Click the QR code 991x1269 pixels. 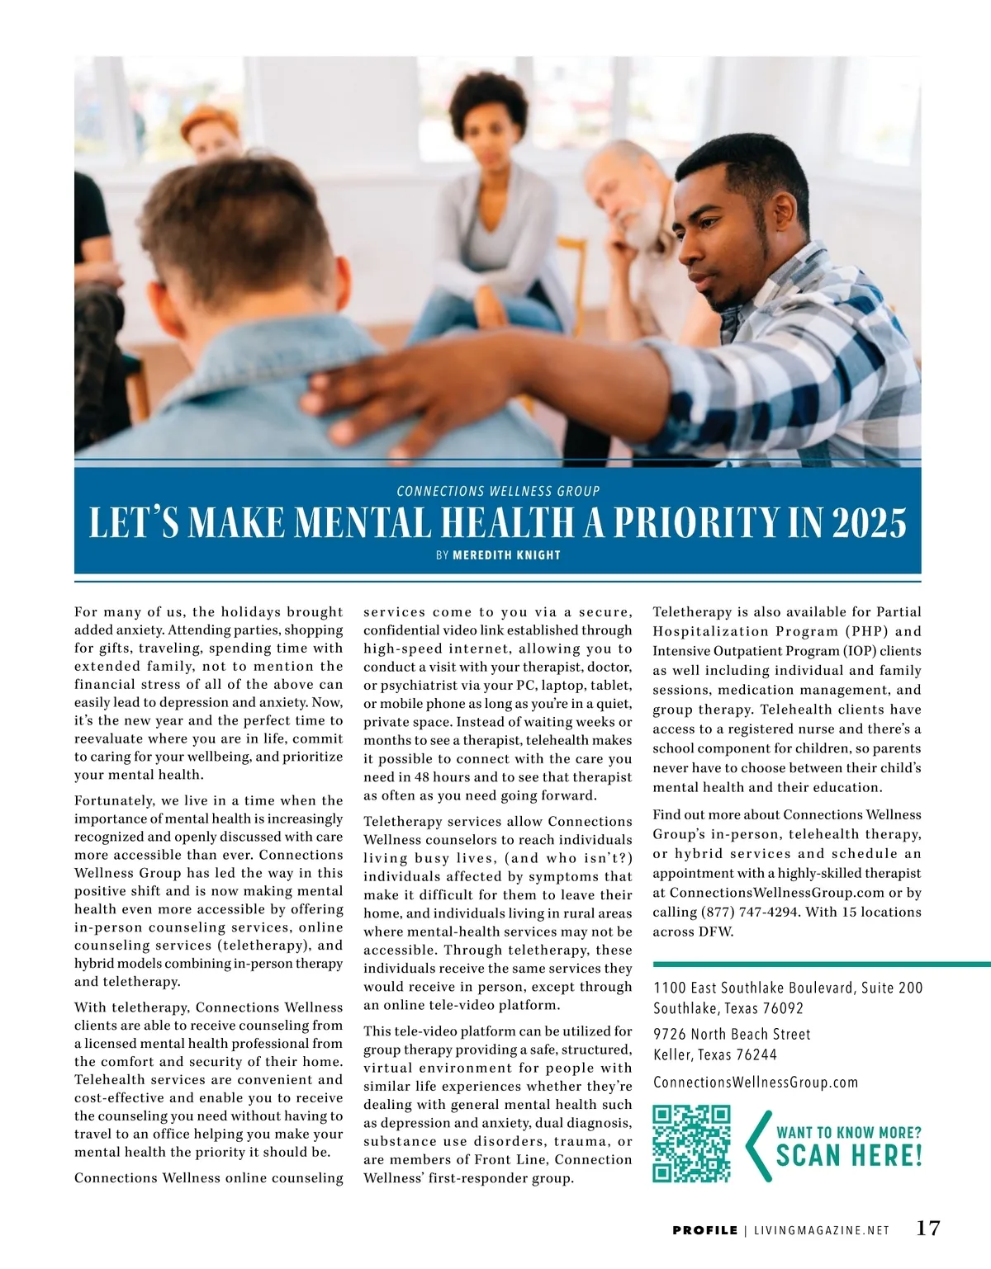(691, 1144)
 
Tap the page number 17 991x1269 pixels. (928, 1228)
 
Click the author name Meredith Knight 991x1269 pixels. (506, 555)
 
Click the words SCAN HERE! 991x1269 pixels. (849, 1155)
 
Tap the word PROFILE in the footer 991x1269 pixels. (704, 1230)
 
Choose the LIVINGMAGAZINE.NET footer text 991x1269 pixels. (822, 1230)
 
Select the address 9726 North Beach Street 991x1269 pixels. (732, 1034)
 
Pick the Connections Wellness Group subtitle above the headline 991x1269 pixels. (498, 491)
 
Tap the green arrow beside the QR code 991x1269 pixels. (757, 1145)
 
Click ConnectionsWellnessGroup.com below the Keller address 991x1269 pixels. (756, 1082)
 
